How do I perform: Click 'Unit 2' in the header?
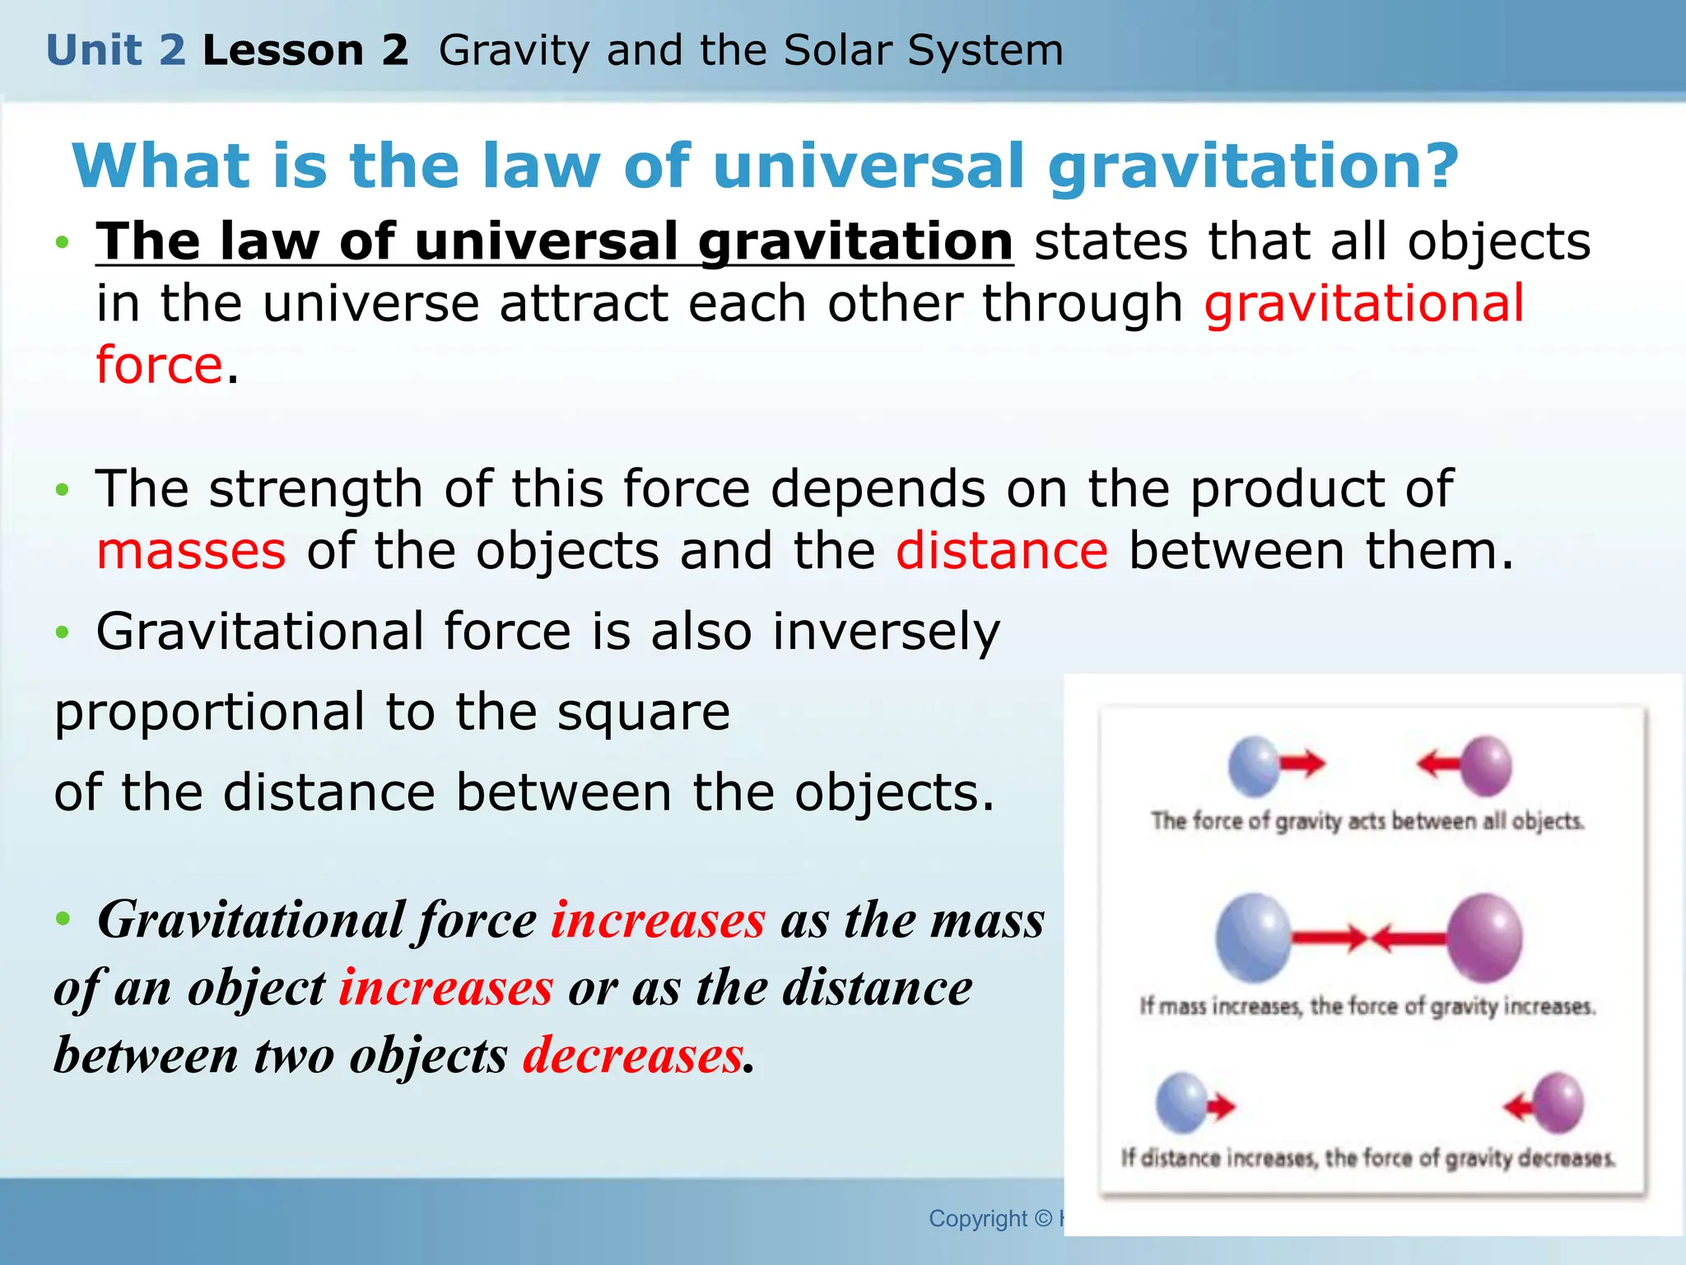pos(116,51)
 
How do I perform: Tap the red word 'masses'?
pos(191,551)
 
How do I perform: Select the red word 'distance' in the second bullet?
pos(1002,551)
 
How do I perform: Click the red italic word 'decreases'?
pos(633,1055)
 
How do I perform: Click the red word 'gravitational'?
pos(1364,303)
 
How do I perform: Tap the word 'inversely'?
pos(887,632)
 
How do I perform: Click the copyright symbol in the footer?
pos(1043,1218)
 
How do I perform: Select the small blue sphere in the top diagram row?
pos(1253,766)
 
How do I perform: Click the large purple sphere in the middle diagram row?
pos(1484,938)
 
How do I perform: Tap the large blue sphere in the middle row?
pos(1253,938)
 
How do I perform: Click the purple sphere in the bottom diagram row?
pos(1558,1103)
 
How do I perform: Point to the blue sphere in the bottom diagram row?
pos(1181,1103)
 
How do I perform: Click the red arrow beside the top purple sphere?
pos(1438,763)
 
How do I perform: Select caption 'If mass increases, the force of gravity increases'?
pos(1367,1006)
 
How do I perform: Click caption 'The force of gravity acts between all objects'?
pos(1367,821)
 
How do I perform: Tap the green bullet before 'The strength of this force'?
pos(63,490)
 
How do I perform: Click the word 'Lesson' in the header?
pos(282,51)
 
